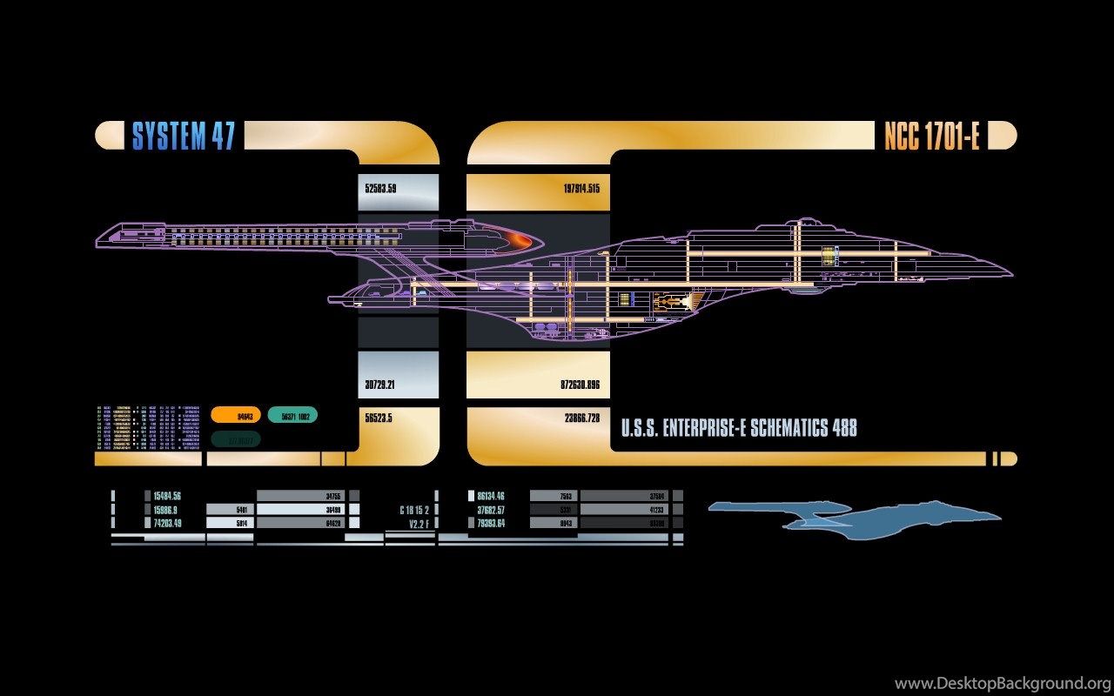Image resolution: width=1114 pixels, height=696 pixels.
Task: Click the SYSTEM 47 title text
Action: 183,136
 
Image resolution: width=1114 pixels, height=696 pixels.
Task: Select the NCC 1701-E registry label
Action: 931,136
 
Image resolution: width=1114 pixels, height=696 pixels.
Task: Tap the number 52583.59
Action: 380,188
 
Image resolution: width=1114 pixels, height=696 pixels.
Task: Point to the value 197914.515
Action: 581,188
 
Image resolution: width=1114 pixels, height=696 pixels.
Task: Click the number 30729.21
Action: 380,385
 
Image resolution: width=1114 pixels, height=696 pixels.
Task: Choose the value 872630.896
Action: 581,385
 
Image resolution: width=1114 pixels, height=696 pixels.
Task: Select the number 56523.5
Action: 379,418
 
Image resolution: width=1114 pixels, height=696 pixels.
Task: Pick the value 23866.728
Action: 581,418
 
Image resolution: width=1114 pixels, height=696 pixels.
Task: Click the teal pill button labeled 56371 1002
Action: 292,416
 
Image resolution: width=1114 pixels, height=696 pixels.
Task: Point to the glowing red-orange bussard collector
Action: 521,239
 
